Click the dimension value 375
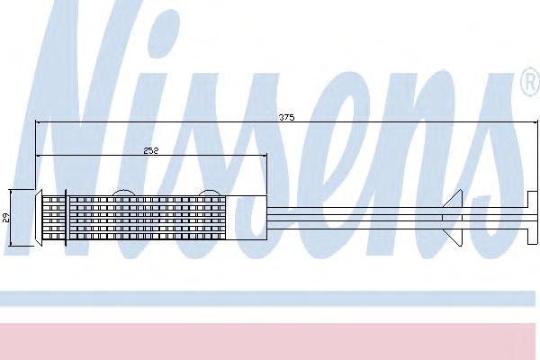point(286,118)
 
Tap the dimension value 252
point(151,150)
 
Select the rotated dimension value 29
point(6,218)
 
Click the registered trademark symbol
point(530,82)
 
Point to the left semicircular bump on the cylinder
point(122,193)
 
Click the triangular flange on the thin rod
point(453,218)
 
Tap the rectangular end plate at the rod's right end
point(533,218)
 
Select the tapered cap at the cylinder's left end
point(38,218)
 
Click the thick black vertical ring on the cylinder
point(66,218)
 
